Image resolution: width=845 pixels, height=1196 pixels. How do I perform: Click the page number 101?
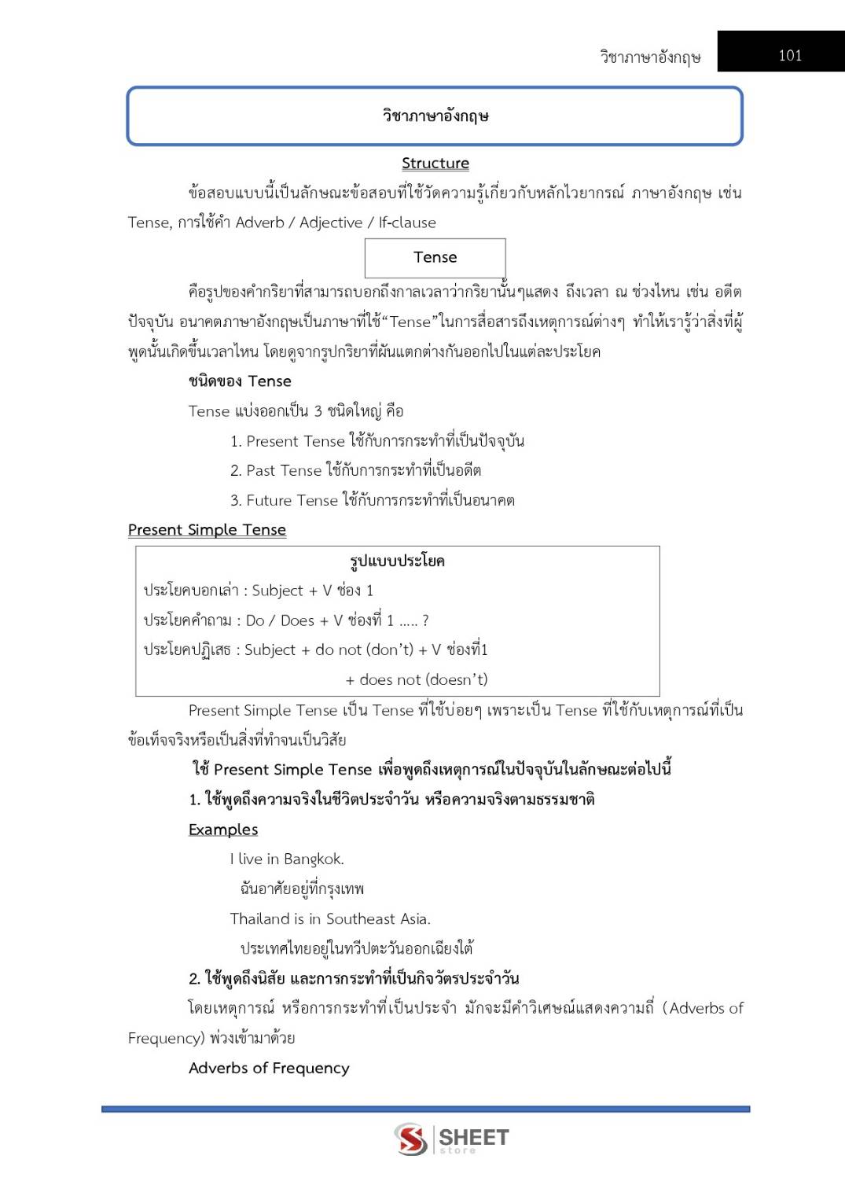789,55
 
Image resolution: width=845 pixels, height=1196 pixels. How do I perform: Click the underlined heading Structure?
435,164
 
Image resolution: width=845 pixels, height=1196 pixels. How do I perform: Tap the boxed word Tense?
435,257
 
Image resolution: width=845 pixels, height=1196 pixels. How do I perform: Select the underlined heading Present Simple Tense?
207,530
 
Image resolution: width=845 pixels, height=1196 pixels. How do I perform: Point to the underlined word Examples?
223,830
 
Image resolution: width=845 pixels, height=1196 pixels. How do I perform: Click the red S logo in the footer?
411,1139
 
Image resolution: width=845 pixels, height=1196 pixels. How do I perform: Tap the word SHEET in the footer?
473,1137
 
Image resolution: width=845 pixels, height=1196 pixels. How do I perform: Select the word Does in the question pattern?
297,620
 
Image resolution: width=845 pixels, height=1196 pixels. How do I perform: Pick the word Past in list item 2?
260,470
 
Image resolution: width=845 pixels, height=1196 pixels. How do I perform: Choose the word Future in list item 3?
270,500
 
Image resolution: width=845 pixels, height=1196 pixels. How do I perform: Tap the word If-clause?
407,223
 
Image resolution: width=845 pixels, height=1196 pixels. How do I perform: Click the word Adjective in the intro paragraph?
331,223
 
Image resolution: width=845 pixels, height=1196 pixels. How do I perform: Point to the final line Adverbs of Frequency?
269,1068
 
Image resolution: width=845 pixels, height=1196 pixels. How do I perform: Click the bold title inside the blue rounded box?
435,116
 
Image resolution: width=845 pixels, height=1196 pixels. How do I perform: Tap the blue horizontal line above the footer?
425,1109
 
